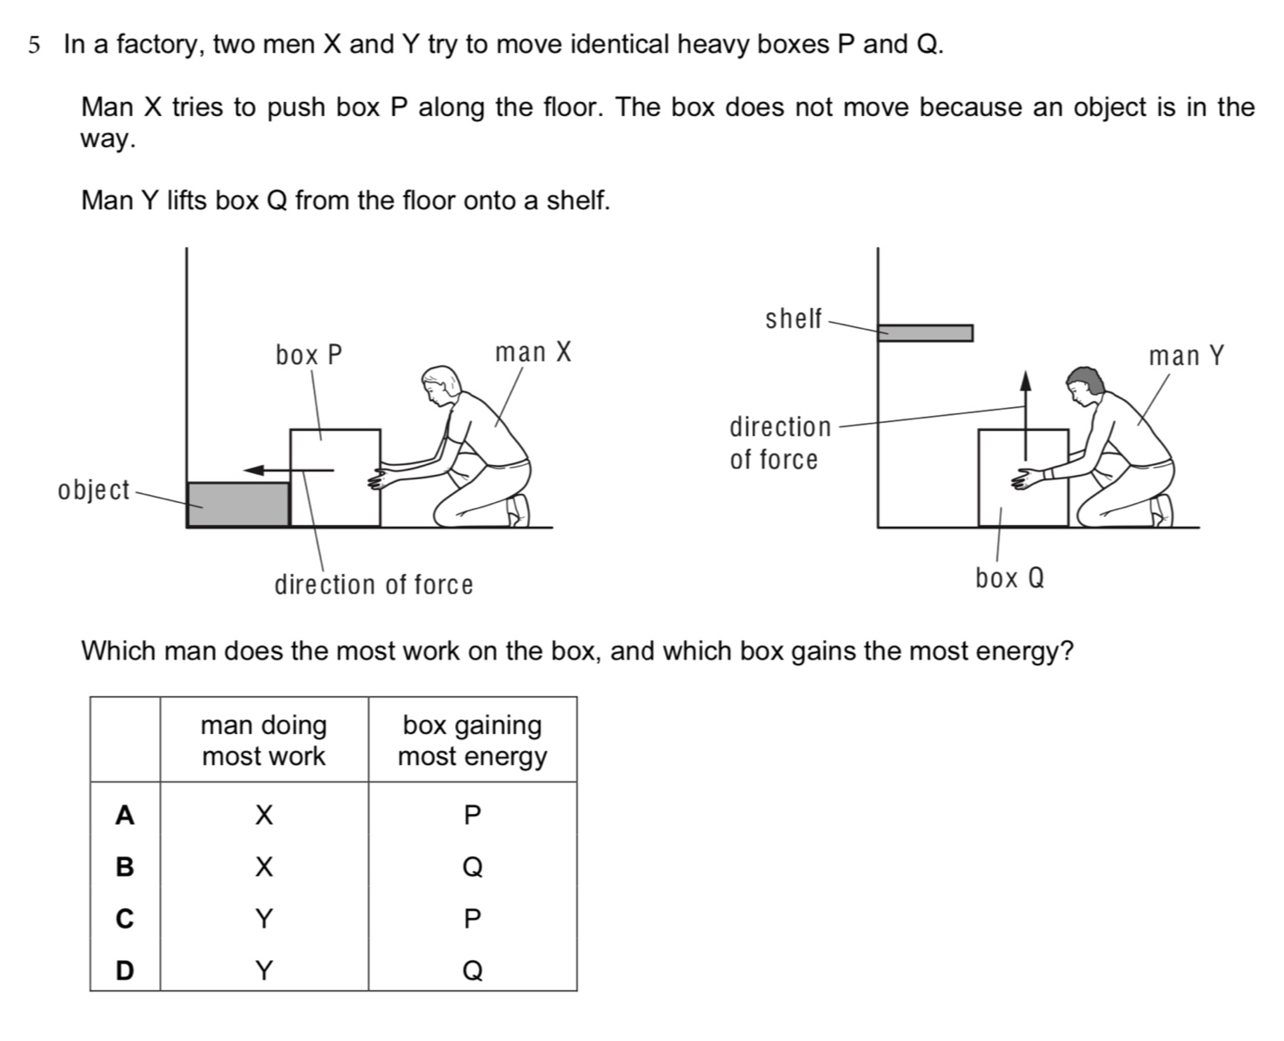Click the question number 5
pos(33,45)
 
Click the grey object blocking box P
pos(237,504)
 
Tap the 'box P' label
pos(308,355)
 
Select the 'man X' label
pos(533,353)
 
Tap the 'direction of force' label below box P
pos(374,585)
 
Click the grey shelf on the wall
pos(925,332)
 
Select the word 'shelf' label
pos(793,318)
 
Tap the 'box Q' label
pos(1010,579)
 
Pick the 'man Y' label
pos(1186,356)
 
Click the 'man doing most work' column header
pos(264,740)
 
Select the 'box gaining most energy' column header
pos(472,740)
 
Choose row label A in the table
pos(125,816)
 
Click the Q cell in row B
pos(472,868)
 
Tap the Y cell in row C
pos(264,920)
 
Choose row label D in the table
pos(125,971)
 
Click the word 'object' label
pos(93,490)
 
